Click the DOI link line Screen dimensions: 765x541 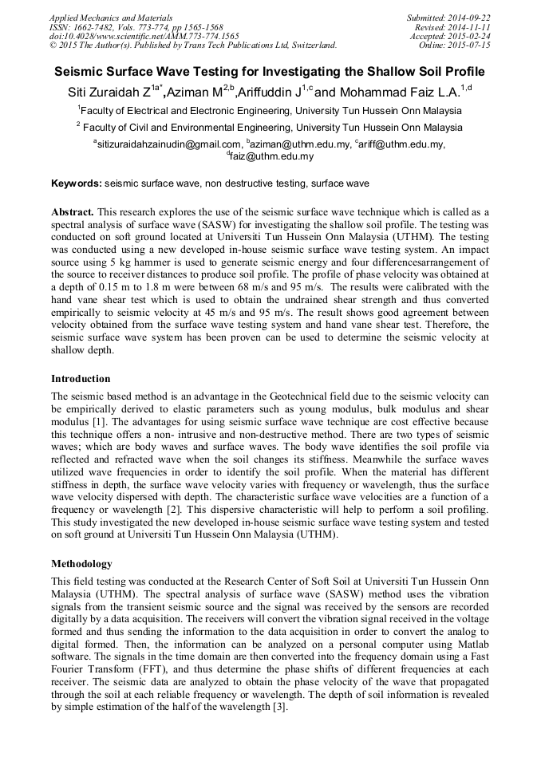tap(144, 36)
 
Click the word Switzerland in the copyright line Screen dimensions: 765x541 tap(308, 45)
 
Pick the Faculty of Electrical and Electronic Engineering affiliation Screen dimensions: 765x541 tap(270, 110)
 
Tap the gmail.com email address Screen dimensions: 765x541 tap(168, 144)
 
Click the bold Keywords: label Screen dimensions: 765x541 tap(77, 183)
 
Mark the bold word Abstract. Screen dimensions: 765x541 tap(73, 212)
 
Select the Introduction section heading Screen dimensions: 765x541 tap(81, 378)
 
